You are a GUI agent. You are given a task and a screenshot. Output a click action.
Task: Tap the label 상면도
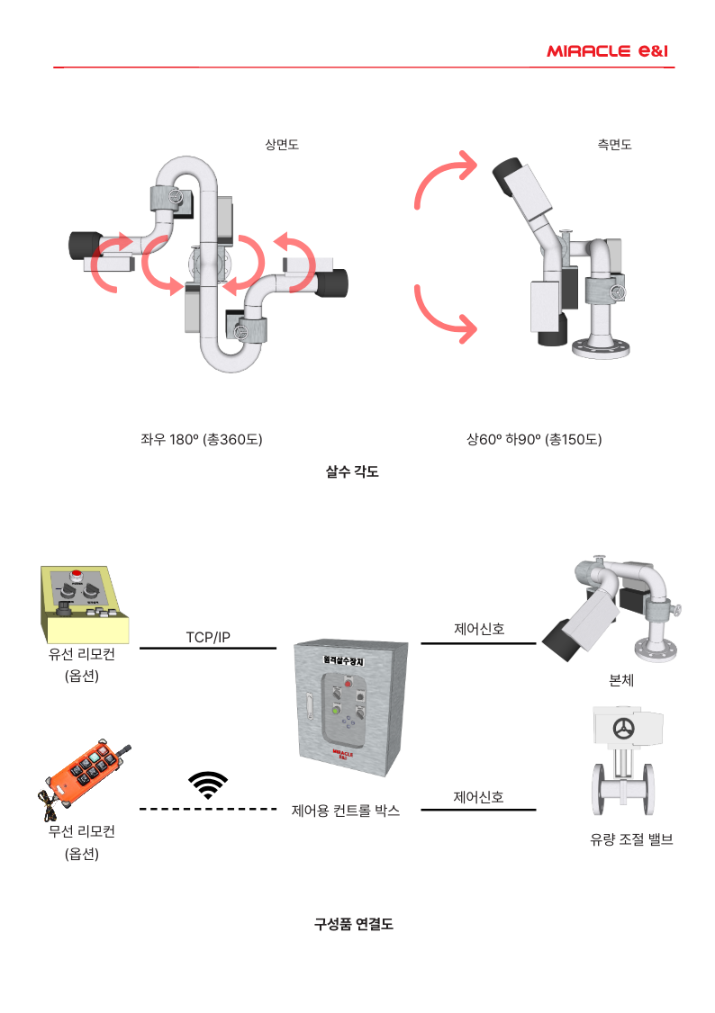tap(282, 144)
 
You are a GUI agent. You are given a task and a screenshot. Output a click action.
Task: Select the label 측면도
tap(614, 144)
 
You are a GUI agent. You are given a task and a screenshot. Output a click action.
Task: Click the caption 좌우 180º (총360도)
tap(201, 440)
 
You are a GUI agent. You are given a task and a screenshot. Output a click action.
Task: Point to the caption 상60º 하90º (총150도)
tap(534, 440)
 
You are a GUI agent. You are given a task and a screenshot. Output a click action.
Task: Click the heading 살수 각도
tap(351, 471)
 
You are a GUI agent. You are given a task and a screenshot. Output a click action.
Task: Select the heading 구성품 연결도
tap(353, 924)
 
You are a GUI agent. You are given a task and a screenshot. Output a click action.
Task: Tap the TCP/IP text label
tap(208, 637)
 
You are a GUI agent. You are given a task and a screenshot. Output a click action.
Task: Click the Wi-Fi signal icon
tap(208, 784)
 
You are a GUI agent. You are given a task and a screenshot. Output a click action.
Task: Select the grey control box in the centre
tap(350, 711)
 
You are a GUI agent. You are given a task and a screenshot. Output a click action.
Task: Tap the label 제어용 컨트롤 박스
tap(346, 811)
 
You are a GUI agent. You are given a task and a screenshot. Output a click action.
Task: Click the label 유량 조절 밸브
tap(631, 840)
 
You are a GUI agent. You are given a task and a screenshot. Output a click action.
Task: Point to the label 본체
tap(621, 681)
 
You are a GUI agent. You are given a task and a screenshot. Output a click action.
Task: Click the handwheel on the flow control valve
tap(622, 729)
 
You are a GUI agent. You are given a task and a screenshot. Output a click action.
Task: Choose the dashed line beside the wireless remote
tap(208, 810)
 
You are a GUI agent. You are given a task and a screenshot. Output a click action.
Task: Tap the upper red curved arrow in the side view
tap(443, 181)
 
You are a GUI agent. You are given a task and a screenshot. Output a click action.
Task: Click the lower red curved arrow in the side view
tap(444, 316)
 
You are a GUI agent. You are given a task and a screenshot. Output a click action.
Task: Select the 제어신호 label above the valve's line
tap(478, 797)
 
